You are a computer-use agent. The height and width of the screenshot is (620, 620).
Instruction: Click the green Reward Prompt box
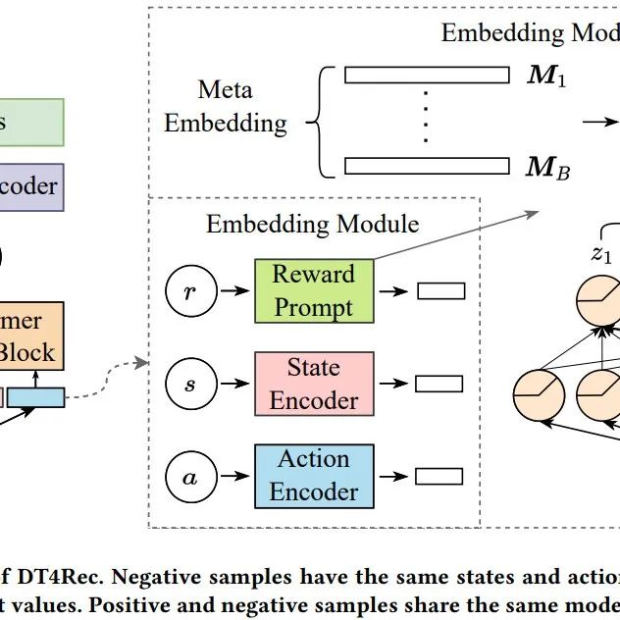(314, 291)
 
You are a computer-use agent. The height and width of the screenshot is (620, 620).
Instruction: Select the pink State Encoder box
(314, 384)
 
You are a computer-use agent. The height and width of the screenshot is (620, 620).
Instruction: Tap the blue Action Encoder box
(314, 475)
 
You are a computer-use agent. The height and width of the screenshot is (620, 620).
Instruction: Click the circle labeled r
(188, 291)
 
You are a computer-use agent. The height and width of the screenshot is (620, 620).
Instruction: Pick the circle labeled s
(188, 384)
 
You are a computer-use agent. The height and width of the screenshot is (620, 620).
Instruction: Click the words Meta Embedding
(226, 107)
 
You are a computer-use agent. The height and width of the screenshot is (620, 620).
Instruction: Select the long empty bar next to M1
(428, 76)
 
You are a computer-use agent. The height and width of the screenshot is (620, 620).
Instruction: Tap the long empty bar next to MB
(428, 166)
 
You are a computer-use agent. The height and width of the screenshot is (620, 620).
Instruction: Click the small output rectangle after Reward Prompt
(439, 291)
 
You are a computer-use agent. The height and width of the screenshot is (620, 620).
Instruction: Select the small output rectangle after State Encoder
(439, 384)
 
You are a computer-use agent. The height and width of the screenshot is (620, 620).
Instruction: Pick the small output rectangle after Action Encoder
(439, 476)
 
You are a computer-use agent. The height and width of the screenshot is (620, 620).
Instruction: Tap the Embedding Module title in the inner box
(312, 224)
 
